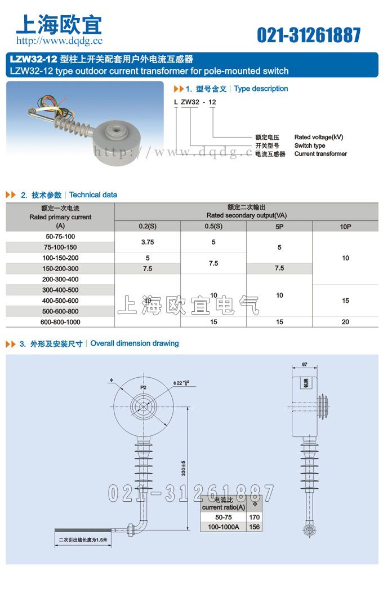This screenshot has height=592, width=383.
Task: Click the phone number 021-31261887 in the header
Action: tap(309, 35)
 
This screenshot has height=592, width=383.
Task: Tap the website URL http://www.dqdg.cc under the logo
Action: tap(59, 41)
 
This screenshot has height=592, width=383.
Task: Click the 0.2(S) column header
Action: tap(148, 226)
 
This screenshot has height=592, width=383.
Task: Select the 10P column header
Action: tap(345, 226)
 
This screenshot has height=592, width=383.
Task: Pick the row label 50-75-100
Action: tap(60, 236)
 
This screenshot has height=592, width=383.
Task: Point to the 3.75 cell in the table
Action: tap(148, 242)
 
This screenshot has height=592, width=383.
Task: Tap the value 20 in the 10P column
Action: tap(345, 322)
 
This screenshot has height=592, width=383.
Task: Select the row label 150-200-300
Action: tap(60, 269)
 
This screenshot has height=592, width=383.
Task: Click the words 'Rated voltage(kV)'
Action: tap(318, 137)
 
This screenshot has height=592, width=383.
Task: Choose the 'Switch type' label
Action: tap(310, 145)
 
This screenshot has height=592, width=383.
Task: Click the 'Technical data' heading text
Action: tap(93, 195)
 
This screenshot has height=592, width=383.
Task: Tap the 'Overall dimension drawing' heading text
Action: tap(135, 343)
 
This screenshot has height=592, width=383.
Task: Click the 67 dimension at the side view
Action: tap(305, 365)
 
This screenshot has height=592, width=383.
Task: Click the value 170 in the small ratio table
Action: tap(254, 517)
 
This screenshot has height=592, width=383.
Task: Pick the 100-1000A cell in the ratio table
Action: tap(223, 527)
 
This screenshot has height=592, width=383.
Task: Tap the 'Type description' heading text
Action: tap(261, 89)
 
